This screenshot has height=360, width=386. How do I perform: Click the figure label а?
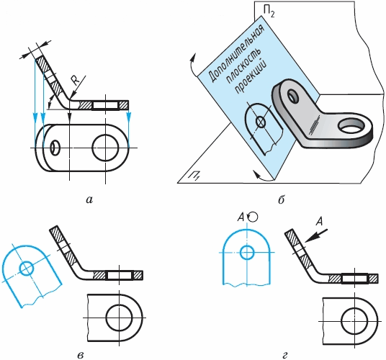(x=90, y=200)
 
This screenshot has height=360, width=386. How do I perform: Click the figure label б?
(x=281, y=199)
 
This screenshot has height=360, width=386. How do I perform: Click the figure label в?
(x=80, y=355)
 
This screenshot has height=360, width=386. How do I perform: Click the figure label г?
(x=285, y=356)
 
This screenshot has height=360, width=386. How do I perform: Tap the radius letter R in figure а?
(x=76, y=81)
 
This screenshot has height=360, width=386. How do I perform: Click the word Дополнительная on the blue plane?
(x=236, y=53)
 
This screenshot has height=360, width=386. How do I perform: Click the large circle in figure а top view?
(x=105, y=148)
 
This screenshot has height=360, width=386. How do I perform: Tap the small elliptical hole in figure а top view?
(x=55, y=148)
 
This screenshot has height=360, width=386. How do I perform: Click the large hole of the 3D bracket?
(x=351, y=126)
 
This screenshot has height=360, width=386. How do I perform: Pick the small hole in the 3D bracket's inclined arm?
(x=293, y=96)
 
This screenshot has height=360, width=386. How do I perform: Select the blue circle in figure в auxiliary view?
(x=27, y=269)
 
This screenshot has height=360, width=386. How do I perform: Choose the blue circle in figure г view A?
(x=247, y=252)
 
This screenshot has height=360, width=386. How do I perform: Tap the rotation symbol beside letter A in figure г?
(x=253, y=217)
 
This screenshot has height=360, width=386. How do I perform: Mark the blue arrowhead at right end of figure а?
(x=129, y=117)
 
